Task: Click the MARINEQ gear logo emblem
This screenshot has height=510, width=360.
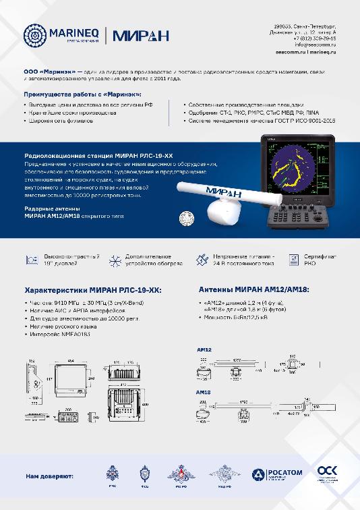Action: [34, 35]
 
